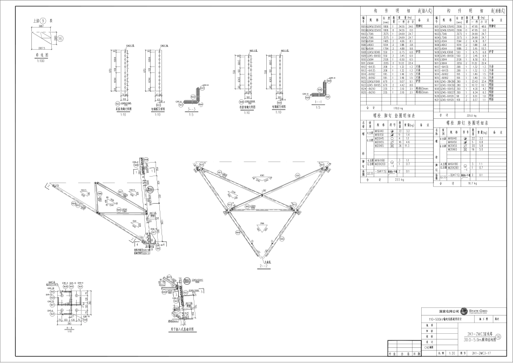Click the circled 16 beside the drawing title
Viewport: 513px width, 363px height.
(505, 336)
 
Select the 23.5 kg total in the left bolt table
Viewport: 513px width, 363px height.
(399, 180)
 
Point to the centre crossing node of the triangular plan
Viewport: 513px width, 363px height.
(263, 196)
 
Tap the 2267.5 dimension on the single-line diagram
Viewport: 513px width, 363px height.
(41, 48)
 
